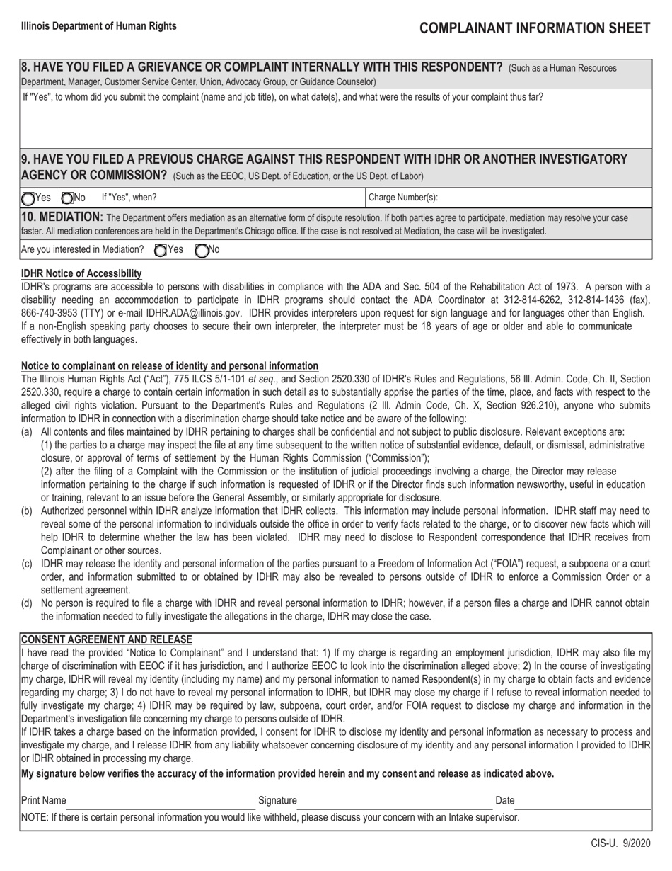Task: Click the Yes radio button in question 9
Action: tap(28, 198)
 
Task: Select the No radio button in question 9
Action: tap(67, 198)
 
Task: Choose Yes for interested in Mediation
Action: tap(161, 250)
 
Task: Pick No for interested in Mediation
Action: tap(202, 250)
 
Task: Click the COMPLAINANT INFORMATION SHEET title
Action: tap(535, 28)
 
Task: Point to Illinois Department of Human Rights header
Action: tap(99, 26)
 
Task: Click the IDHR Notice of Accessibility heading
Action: tap(81, 273)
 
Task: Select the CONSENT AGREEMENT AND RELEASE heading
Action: tap(97, 639)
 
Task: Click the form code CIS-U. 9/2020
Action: tap(620, 844)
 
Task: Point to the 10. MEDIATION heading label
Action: tap(62, 217)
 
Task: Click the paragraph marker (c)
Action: tap(27, 564)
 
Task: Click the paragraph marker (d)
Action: tap(27, 603)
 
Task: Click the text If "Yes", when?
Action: tap(129, 198)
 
